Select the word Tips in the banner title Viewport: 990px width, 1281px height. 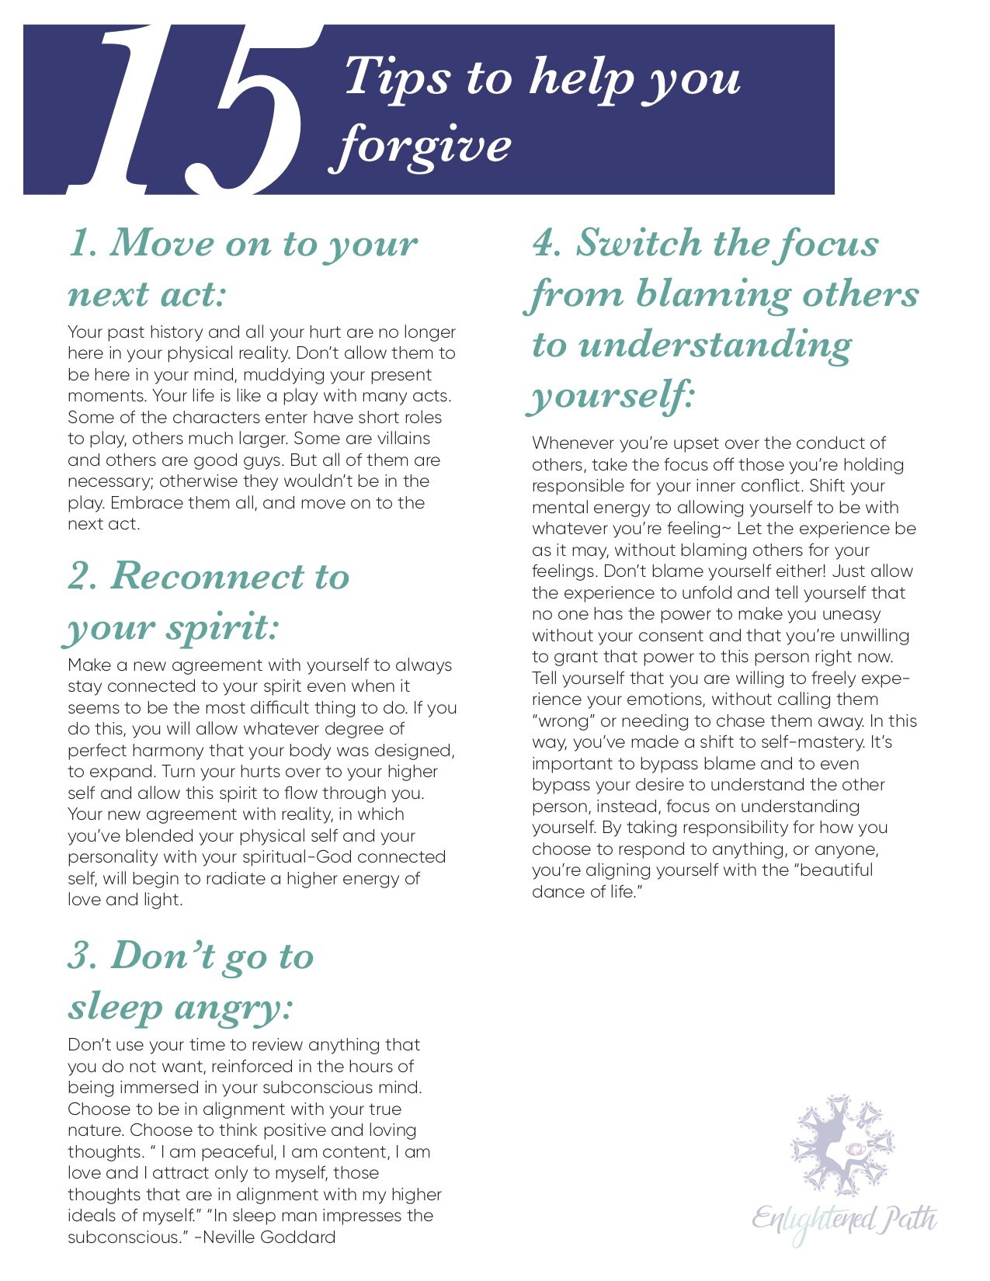[396, 78]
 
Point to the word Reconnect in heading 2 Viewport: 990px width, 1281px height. [207, 576]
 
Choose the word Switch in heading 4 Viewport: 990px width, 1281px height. [637, 243]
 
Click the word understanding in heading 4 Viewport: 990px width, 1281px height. [715, 345]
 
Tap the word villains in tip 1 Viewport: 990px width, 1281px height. [398, 439]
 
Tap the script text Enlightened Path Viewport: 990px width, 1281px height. [844, 1220]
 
